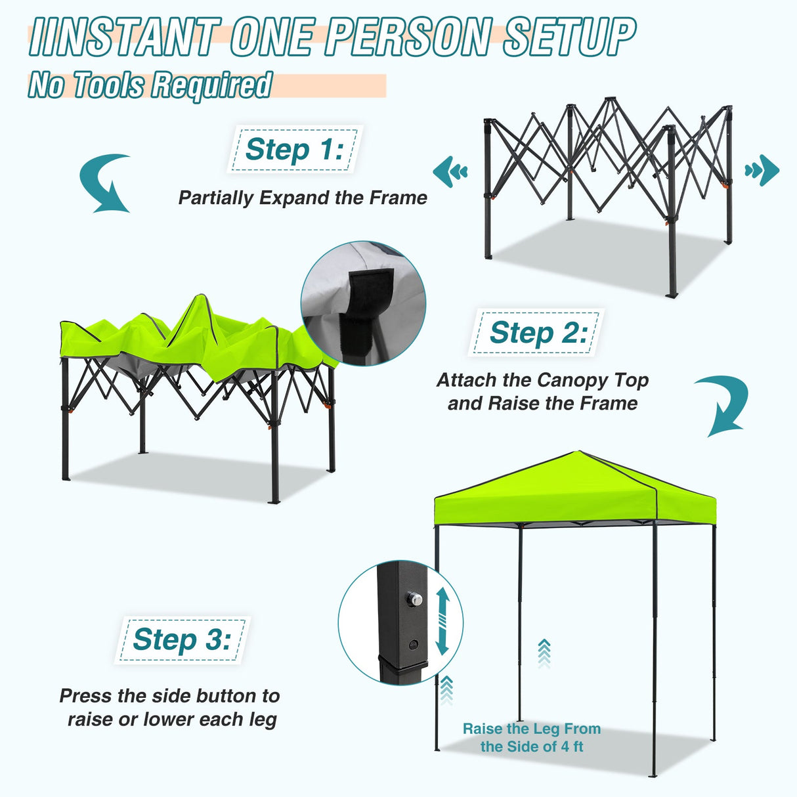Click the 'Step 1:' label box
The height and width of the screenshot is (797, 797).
(294, 150)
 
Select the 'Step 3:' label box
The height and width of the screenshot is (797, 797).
(182, 639)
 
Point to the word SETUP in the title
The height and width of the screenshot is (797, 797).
(569, 37)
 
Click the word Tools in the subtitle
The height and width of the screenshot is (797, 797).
(108, 85)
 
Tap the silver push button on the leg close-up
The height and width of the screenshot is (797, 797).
(414, 599)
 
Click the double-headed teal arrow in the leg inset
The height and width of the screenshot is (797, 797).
(442, 620)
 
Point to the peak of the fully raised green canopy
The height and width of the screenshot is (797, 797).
(579, 452)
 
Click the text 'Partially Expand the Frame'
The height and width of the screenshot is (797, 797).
(303, 198)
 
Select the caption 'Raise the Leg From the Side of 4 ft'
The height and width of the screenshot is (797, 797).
(532, 737)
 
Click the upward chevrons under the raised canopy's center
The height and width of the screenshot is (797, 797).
(544, 653)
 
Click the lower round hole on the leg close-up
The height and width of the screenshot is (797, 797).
(413, 644)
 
